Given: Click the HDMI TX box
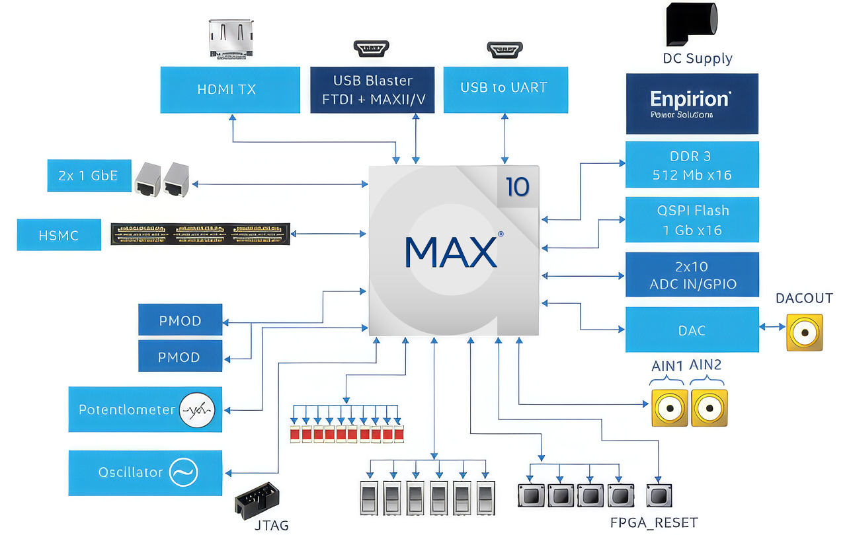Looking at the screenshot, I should (227, 89).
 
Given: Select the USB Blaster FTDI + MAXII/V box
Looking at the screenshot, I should (372, 90).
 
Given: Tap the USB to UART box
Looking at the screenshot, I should (505, 89).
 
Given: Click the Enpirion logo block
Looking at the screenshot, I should (692, 104).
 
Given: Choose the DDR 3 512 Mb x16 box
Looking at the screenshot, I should (692, 166).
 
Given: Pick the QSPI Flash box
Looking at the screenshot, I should (692, 220).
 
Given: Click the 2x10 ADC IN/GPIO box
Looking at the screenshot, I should (692, 275).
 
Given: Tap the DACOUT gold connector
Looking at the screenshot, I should (805, 332).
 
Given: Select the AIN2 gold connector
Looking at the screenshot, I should (709, 408).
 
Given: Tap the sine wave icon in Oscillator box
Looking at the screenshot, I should (183, 472).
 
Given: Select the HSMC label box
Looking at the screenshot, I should (59, 235).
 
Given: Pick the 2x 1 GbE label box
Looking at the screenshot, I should (89, 176).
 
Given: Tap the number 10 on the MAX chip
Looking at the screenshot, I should (517, 187).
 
